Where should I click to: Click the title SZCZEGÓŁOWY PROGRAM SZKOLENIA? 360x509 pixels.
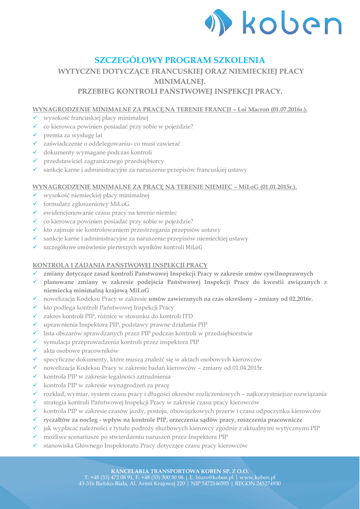[180, 60]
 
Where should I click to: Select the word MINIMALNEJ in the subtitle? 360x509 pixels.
[180, 81]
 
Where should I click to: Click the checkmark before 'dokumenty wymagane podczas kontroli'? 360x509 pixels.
[36, 152]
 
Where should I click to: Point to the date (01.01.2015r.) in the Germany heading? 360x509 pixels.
[278, 187]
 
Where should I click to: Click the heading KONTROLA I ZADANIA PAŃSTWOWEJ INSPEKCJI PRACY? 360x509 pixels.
[120, 265]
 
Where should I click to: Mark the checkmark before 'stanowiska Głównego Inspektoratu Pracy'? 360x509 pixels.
[36, 446]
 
